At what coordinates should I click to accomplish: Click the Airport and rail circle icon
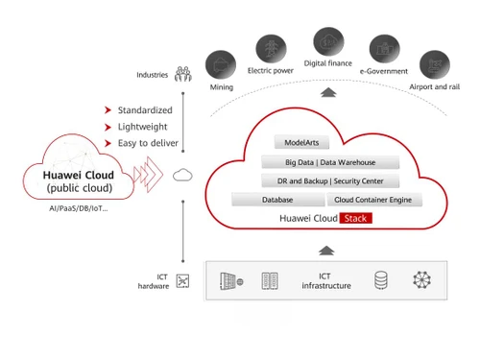coord(433,64)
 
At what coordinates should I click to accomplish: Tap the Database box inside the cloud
coord(277,200)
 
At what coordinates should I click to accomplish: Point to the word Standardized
coord(145,109)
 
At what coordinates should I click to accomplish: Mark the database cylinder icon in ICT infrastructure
coord(381,280)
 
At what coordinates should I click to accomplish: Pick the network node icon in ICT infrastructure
coord(422,280)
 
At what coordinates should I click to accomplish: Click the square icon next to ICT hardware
coord(182,280)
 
